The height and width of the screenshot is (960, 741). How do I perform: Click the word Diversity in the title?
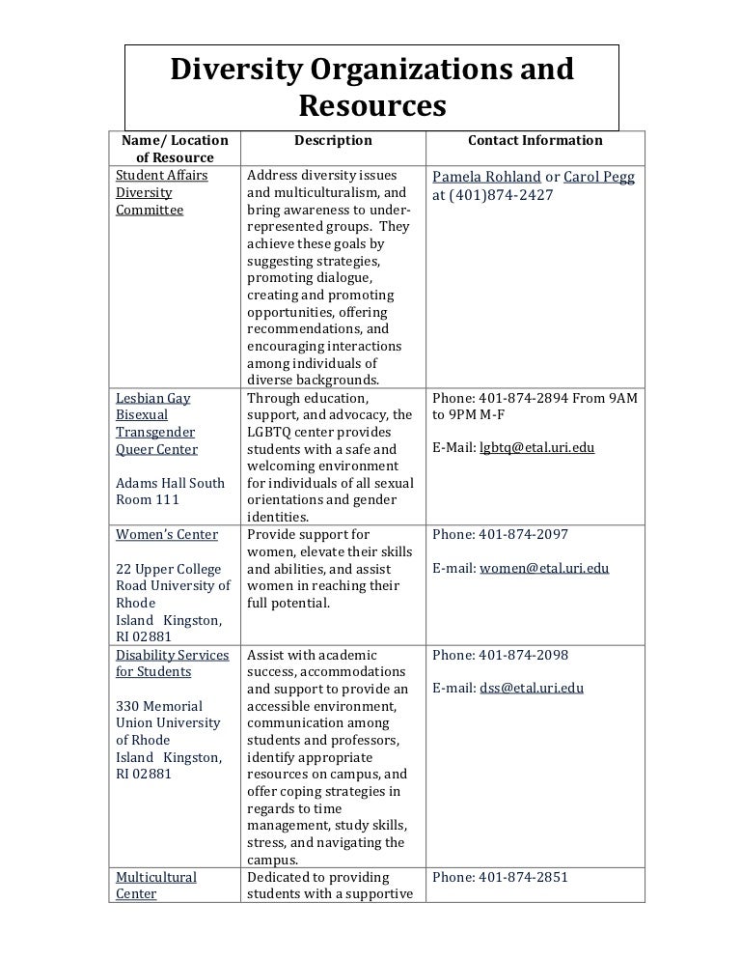[242, 70]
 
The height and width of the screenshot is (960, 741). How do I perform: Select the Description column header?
[333, 141]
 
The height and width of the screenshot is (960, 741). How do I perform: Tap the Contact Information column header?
[535, 141]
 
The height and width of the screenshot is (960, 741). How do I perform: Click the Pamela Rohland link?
[485, 177]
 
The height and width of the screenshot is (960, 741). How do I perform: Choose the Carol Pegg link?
[598, 177]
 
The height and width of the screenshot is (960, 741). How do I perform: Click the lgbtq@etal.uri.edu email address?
[536, 449]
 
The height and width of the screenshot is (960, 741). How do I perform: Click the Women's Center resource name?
[167, 535]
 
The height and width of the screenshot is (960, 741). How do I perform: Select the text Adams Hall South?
[170, 483]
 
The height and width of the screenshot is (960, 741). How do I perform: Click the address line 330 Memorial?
[159, 706]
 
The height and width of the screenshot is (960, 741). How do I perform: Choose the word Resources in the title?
[371, 105]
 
